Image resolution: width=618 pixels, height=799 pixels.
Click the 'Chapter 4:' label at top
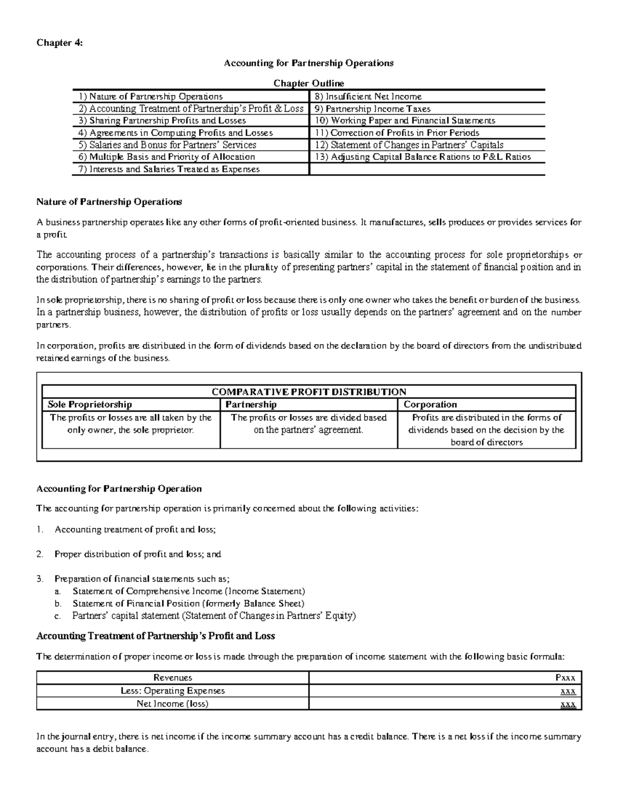click(59, 43)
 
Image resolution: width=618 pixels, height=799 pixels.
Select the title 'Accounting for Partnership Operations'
click(308, 63)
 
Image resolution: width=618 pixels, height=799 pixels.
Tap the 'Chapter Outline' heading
click(308, 83)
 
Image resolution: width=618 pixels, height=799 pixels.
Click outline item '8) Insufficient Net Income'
click(368, 96)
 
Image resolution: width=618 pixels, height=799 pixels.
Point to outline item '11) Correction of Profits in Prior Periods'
click(397, 133)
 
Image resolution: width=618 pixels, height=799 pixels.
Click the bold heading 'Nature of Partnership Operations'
click(109, 201)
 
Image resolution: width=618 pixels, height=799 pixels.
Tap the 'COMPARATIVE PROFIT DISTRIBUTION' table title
click(309, 392)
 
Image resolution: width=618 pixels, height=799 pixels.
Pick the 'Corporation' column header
click(430, 404)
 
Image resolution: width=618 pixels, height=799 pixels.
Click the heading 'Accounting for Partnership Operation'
click(119, 488)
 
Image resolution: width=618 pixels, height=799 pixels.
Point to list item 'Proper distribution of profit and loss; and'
click(138, 554)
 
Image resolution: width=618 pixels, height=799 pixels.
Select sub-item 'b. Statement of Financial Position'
click(188, 603)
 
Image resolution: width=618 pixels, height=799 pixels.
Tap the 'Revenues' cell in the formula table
click(173, 678)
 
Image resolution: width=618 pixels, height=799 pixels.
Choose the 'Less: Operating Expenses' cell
click(173, 690)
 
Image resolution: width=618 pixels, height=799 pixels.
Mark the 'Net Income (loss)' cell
click(173, 703)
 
